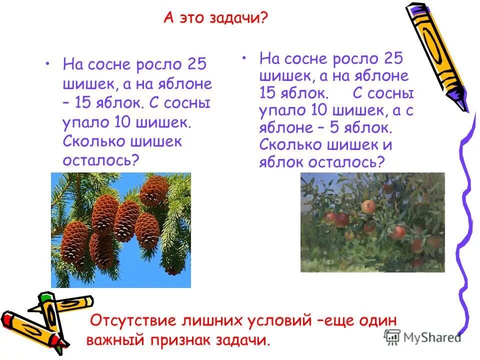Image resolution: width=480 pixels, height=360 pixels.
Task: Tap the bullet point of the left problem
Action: (x=47, y=64)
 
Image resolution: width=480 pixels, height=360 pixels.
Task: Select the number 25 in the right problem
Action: (x=393, y=58)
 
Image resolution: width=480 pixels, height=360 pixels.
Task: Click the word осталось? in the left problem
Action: (x=100, y=160)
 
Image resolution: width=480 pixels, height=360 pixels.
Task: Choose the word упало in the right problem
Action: (x=280, y=110)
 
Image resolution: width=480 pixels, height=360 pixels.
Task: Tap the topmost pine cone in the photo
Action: (x=153, y=190)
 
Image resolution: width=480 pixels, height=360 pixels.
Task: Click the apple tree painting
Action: (x=372, y=222)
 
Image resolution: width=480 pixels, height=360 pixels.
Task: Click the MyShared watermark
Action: (x=422, y=337)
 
